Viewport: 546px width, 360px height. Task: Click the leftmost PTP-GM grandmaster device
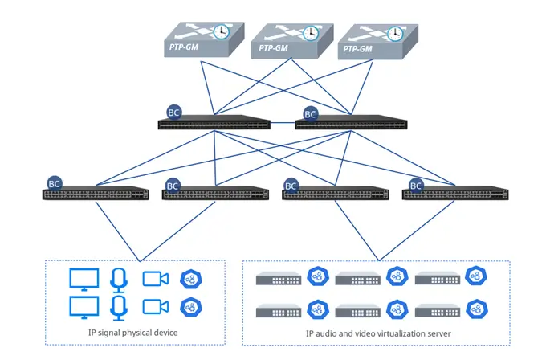(196, 40)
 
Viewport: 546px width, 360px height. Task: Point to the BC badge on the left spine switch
(173, 112)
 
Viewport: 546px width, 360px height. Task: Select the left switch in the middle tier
(214, 125)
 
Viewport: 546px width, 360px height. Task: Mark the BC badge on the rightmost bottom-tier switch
(416, 185)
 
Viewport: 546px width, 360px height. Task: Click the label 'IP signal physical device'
(132, 332)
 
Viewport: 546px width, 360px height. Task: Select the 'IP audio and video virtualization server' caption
(376, 333)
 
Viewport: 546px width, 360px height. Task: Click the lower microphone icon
(119, 307)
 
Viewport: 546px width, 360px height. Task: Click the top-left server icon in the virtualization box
(278, 279)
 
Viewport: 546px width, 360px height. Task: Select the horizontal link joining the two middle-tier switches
(283, 125)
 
